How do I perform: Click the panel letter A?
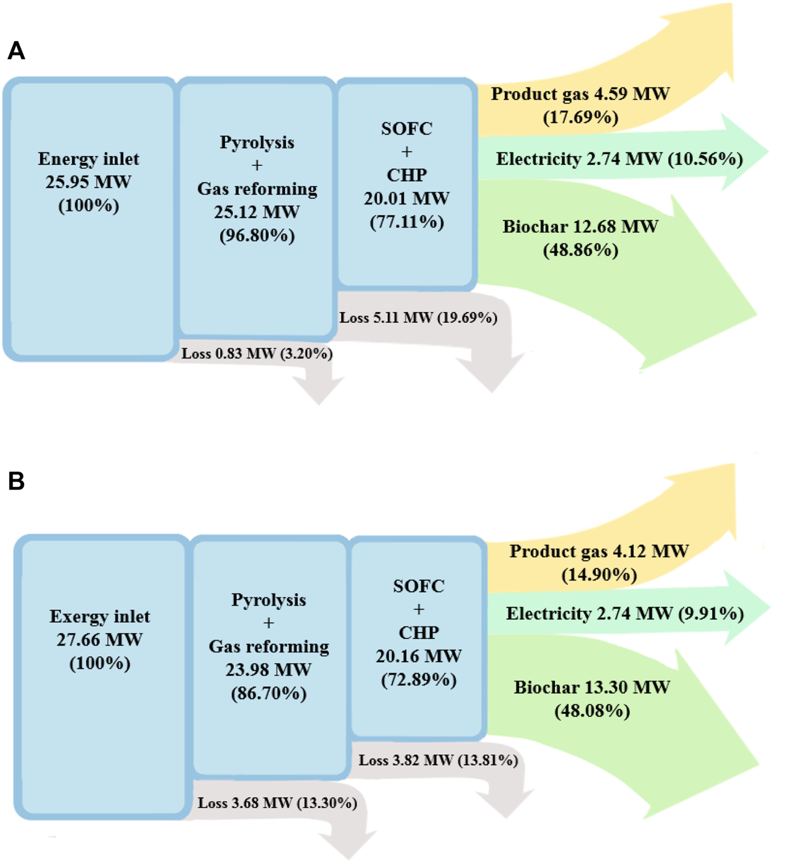pyautogui.click(x=16, y=51)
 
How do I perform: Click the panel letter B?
pyautogui.click(x=16, y=481)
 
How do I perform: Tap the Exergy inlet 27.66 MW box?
pyautogui.click(x=100, y=676)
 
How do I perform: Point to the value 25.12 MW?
pyautogui.click(x=257, y=212)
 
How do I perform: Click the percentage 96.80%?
pyautogui.click(x=257, y=235)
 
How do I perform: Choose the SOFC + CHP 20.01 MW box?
pyautogui.click(x=406, y=181)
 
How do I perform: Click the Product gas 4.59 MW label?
pyautogui.click(x=580, y=94)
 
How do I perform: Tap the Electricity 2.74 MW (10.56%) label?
pyautogui.click(x=619, y=159)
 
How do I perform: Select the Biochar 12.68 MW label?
pyautogui.click(x=580, y=227)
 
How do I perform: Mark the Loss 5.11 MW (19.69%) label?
pyautogui.click(x=418, y=317)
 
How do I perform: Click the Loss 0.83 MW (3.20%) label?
pyautogui.click(x=257, y=353)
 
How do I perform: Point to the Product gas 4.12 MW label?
pyautogui.click(x=599, y=551)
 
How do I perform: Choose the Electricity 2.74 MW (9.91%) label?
pyautogui.click(x=625, y=614)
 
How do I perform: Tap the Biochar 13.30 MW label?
pyautogui.click(x=592, y=687)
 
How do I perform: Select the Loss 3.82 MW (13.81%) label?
pyautogui.click(x=438, y=760)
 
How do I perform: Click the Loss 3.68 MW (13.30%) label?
pyautogui.click(x=277, y=803)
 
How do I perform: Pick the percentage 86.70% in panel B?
pyautogui.click(x=269, y=693)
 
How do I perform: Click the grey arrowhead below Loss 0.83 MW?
pyautogui.click(x=319, y=390)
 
